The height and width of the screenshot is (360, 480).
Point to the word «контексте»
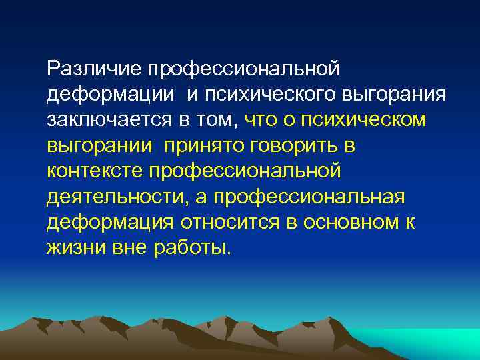95,171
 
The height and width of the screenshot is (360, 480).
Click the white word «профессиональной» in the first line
245,69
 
